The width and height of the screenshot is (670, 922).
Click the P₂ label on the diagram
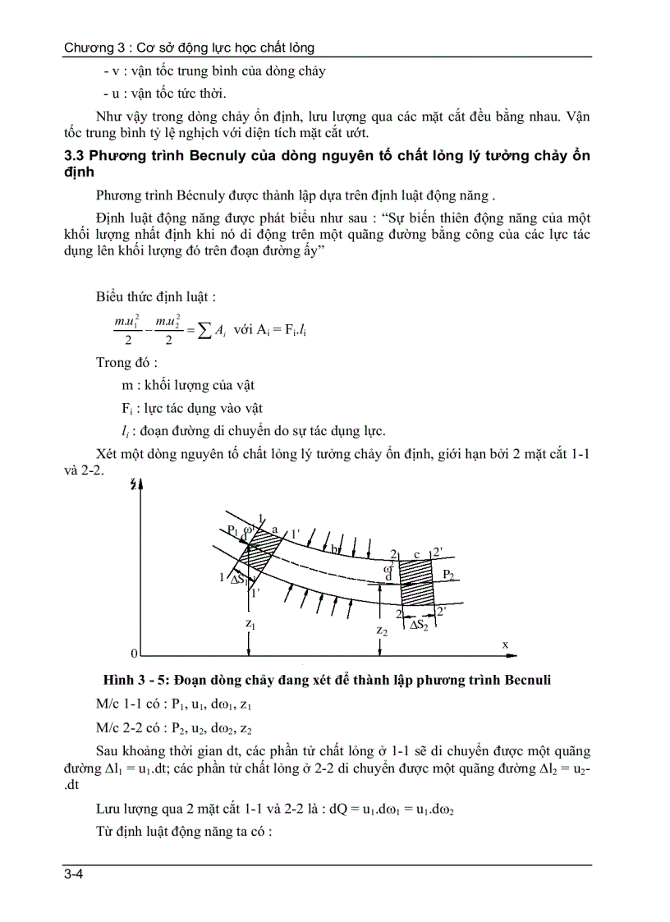point(447,575)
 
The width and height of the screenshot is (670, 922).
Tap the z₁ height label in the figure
point(249,624)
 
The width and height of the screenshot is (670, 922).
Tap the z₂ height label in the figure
point(382,631)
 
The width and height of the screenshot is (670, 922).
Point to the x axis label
point(505,645)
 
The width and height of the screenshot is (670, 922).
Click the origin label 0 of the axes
point(133,654)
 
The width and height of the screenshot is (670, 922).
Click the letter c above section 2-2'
point(416,554)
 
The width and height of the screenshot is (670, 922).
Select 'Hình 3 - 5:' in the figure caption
point(132,681)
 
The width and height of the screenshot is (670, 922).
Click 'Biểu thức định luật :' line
point(156,296)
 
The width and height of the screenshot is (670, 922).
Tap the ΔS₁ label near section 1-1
point(241,579)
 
